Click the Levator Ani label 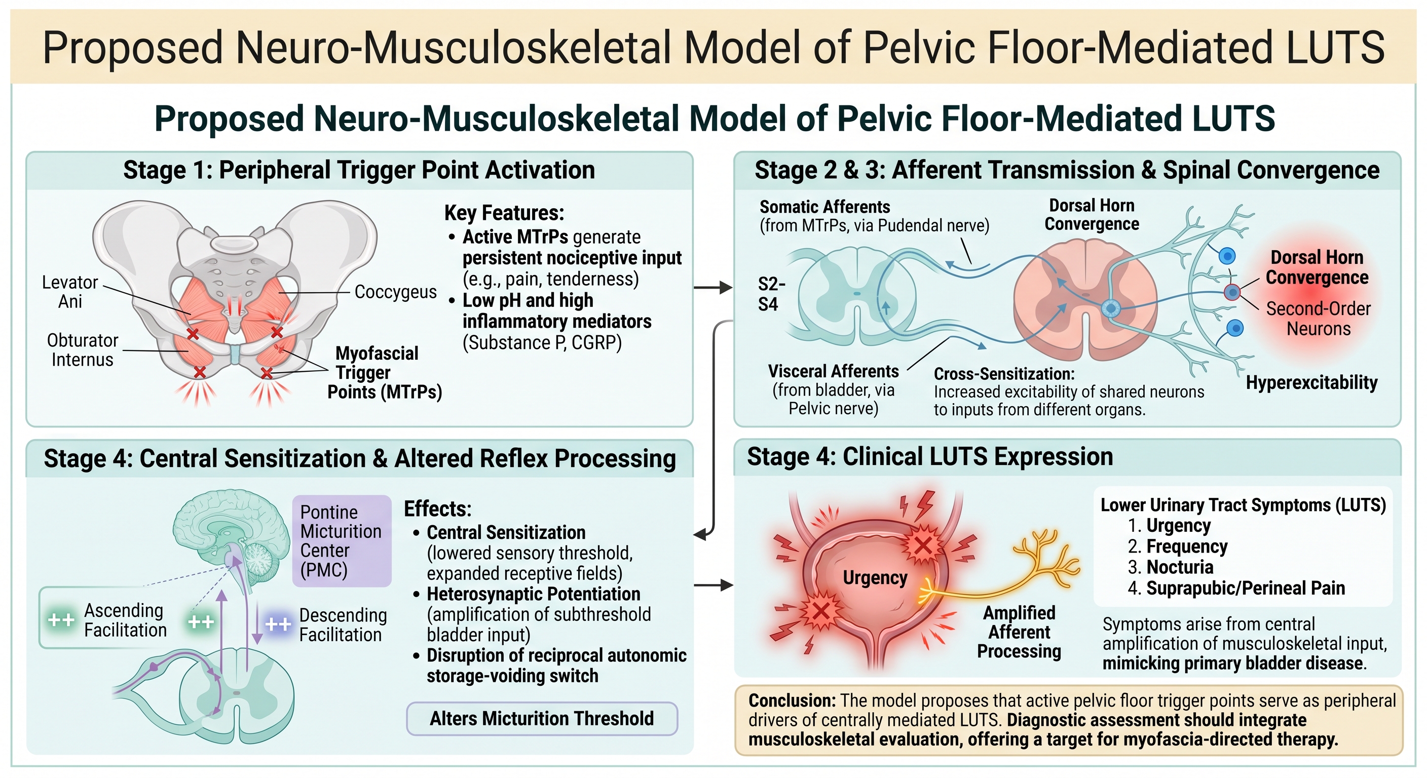tap(70, 292)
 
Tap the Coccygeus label tap(396, 292)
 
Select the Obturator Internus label tap(83, 350)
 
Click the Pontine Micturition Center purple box tap(342, 541)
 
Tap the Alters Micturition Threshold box tap(542, 719)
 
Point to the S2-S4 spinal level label tap(772, 294)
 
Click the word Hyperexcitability tap(1311, 382)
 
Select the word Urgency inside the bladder tap(875, 577)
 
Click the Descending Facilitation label tap(343, 625)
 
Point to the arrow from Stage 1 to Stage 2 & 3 tap(713, 287)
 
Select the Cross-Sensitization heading tap(1004, 374)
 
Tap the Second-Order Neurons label tap(1319, 319)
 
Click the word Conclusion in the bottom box tap(792, 701)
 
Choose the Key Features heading tap(504, 213)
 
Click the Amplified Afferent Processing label tap(1019, 632)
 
